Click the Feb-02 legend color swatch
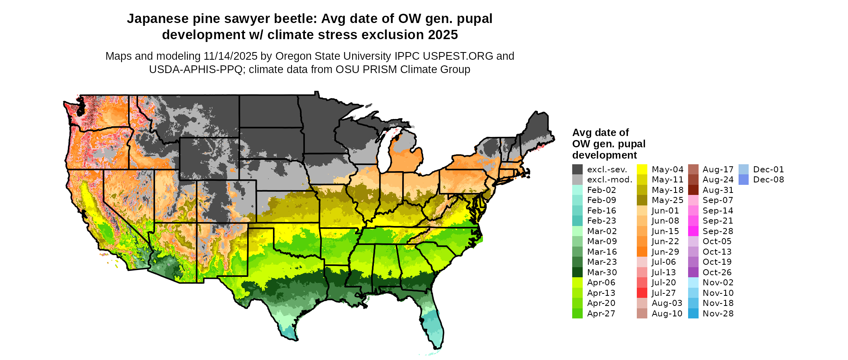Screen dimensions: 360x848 pos(577,190)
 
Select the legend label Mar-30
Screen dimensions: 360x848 pos(602,272)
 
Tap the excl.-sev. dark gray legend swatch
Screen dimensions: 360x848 pos(577,170)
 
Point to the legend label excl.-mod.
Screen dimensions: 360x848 pos(609,180)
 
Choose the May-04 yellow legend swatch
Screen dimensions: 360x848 pos(642,170)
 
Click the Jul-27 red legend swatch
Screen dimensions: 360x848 pos(642,293)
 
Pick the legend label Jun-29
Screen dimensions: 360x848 pos(665,252)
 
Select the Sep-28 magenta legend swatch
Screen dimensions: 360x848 pos(693,231)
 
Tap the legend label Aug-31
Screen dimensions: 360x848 pos(718,190)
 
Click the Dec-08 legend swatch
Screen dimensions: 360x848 pos(743,180)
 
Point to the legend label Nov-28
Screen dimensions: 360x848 pos(718,314)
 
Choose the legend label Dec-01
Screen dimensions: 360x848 pos(768,170)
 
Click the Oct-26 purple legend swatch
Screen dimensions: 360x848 pos(693,272)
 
